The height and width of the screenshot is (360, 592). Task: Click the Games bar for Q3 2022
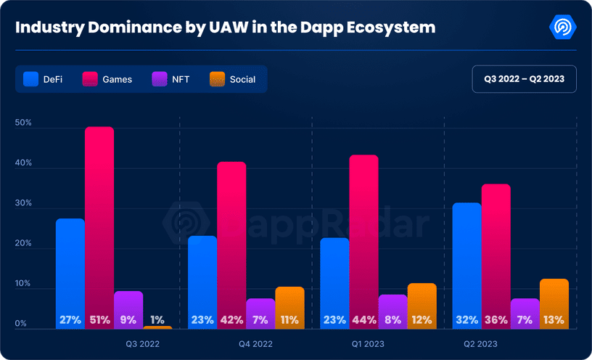[99, 218]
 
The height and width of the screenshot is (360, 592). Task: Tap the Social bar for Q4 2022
[289, 301]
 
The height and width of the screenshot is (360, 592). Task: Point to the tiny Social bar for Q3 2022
[157, 327]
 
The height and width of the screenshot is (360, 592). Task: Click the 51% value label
[99, 319]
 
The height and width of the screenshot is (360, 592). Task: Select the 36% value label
[496, 319]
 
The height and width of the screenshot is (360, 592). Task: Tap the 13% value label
[554, 319]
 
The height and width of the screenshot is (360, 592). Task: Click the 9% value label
[128, 319]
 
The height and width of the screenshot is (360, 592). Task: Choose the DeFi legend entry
[44, 79]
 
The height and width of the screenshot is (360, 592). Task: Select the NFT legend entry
[170, 79]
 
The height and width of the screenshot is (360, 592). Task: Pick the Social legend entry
[232, 79]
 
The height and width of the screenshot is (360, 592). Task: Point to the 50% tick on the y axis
[23, 123]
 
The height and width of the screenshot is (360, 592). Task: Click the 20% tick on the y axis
[23, 244]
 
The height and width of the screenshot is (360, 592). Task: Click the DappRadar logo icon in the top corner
[563, 28]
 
